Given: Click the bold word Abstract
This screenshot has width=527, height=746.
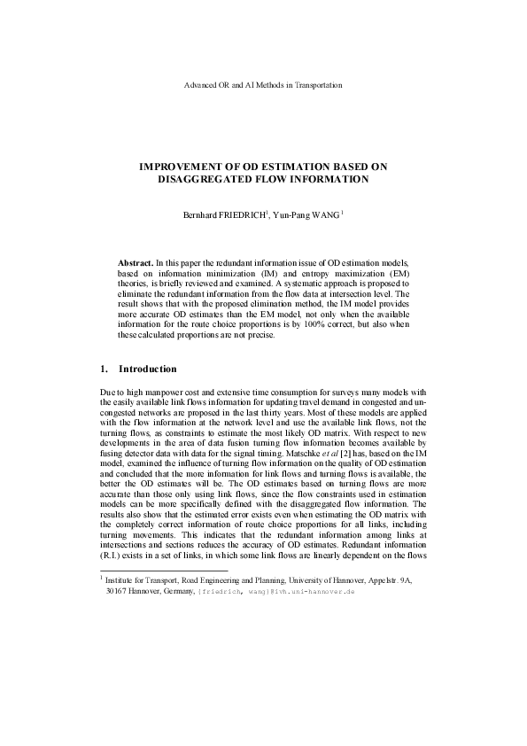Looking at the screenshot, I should (136, 264).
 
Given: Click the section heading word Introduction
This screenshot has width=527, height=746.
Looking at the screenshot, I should (147, 369).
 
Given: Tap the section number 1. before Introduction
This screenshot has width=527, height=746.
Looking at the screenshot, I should (104, 369).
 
